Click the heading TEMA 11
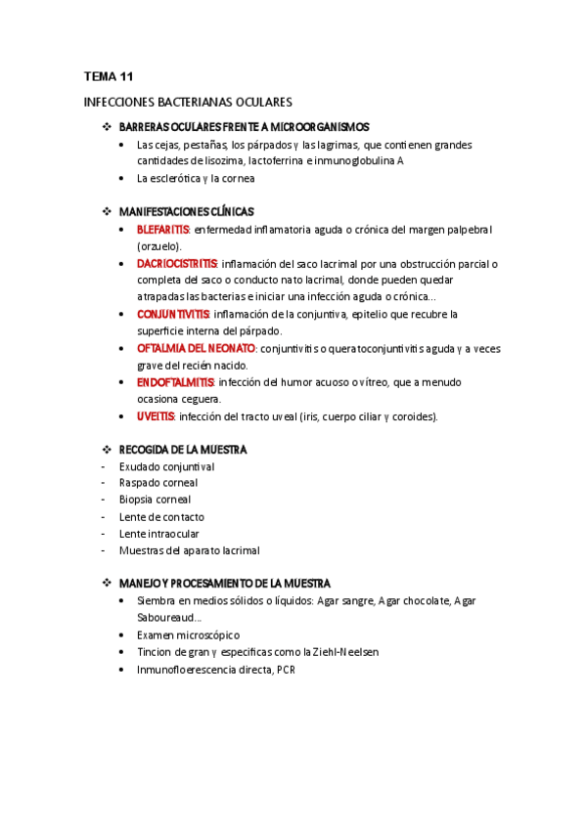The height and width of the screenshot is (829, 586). click(x=109, y=76)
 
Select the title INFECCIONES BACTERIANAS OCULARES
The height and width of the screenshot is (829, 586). click(x=188, y=102)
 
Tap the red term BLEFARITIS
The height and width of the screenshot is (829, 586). click(x=163, y=230)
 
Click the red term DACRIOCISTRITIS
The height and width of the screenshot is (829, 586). click(x=178, y=264)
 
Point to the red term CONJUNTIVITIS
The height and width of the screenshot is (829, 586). click(x=173, y=315)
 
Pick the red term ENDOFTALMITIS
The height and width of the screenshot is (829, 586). click(x=175, y=382)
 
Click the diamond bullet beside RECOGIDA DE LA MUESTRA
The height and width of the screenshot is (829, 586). click(x=108, y=450)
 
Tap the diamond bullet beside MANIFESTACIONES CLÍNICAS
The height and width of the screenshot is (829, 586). click(x=108, y=211)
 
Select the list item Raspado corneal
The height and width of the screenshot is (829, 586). click(x=158, y=483)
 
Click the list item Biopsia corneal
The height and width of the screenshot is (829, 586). click(x=156, y=500)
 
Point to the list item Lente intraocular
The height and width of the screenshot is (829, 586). click(x=158, y=534)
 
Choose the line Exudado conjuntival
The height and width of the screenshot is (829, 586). click(x=166, y=466)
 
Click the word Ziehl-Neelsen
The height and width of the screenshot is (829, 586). click(x=346, y=652)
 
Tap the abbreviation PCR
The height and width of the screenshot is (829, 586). click(x=286, y=670)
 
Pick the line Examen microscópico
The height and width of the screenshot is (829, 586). click(x=188, y=635)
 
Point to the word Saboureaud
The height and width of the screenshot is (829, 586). click(x=166, y=618)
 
